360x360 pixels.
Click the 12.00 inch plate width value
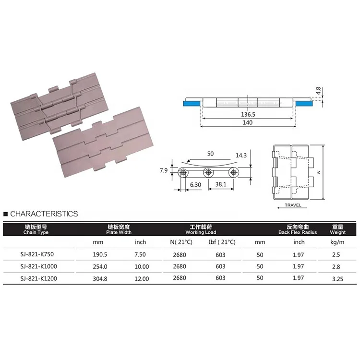pyautogui.click(x=142, y=278)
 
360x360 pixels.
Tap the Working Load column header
pyautogui.click(x=202, y=229)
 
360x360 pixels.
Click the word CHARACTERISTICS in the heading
pyautogui.click(x=44, y=214)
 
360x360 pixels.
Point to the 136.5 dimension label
pyautogui.click(x=248, y=115)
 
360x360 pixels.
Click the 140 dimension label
pyautogui.click(x=247, y=123)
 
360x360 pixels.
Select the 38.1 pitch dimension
pyautogui.click(x=221, y=184)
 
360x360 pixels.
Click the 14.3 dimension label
pyautogui.click(x=242, y=155)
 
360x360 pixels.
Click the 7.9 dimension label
pyautogui.click(x=164, y=170)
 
